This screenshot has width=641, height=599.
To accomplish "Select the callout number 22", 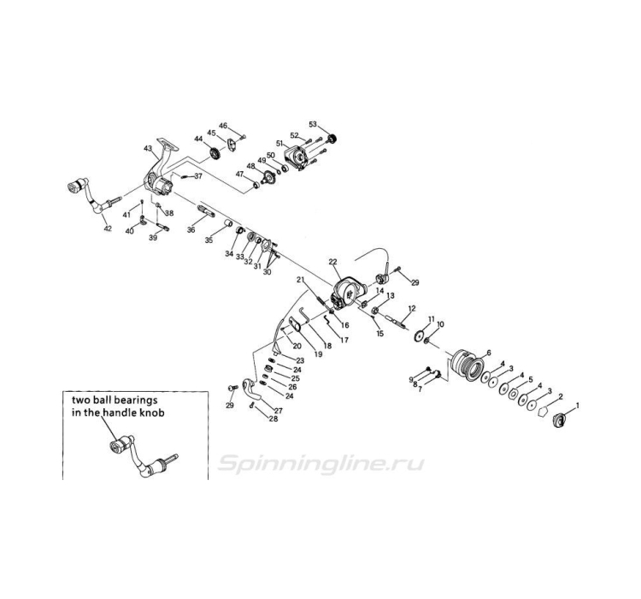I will click(333, 262).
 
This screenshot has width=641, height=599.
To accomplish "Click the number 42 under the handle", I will click(108, 228).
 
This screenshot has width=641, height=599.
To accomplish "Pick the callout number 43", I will click(148, 149).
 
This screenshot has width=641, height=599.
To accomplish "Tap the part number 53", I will click(313, 124).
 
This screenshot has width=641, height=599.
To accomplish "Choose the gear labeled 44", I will click(215, 153).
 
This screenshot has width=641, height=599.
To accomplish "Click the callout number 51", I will click(279, 144).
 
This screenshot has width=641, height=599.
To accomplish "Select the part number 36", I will click(191, 230).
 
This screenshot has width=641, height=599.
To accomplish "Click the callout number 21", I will click(300, 281).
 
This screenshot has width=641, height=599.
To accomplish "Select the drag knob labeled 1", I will click(562, 419).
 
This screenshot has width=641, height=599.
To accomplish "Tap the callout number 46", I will click(223, 126).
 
